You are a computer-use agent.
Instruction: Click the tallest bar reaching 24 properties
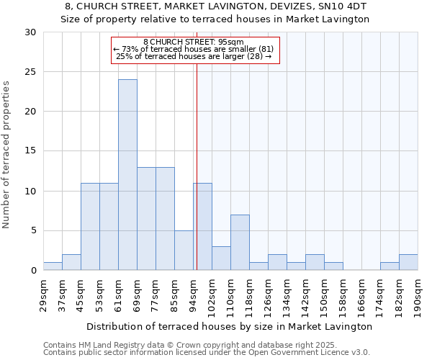coord(127,175)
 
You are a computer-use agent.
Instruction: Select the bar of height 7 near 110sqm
coord(240,242)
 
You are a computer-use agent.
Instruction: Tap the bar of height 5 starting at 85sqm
coord(184,250)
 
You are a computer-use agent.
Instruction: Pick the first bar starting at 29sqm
coord(53,266)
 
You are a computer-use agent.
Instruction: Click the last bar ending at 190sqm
coord(408,262)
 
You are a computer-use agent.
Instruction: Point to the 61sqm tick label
coord(119,294)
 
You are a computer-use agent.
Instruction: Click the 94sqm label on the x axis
coord(194,294)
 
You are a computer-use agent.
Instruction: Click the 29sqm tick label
coord(44,294)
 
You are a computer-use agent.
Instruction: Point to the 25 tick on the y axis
coord(30,72)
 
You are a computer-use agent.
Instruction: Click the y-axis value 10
coord(30,191)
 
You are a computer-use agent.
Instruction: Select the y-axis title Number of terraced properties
coord(7,155)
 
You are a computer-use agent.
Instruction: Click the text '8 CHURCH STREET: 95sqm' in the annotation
coord(194,42)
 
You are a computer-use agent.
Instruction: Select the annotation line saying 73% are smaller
coord(194,49)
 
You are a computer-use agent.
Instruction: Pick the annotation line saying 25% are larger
coord(194,56)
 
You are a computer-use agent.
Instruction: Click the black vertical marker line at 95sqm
coord(197,166)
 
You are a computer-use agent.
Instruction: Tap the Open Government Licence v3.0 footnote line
coord(207,352)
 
